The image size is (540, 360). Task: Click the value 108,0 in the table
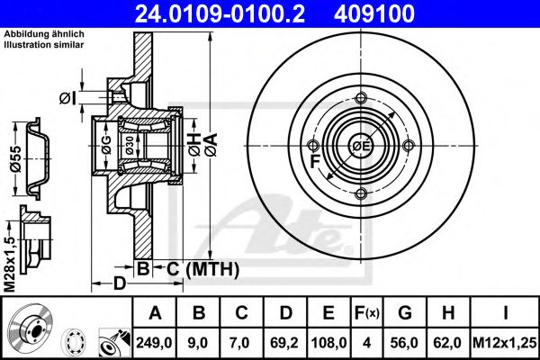(x=329, y=342)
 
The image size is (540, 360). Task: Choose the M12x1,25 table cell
(x=505, y=342)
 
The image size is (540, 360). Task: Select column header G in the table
(x=405, y=313)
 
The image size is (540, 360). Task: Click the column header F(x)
(x=367, y=313)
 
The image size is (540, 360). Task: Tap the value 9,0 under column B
(x=199, y=342)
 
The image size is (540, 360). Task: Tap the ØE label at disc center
(x=361, y=147)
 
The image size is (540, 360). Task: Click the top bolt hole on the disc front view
(x=361, y=99)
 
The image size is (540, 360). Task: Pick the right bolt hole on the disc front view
(x=409, y=147)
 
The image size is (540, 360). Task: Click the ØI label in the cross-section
(x=66, y=97)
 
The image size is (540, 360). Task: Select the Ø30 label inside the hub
(x=130, y=148)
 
